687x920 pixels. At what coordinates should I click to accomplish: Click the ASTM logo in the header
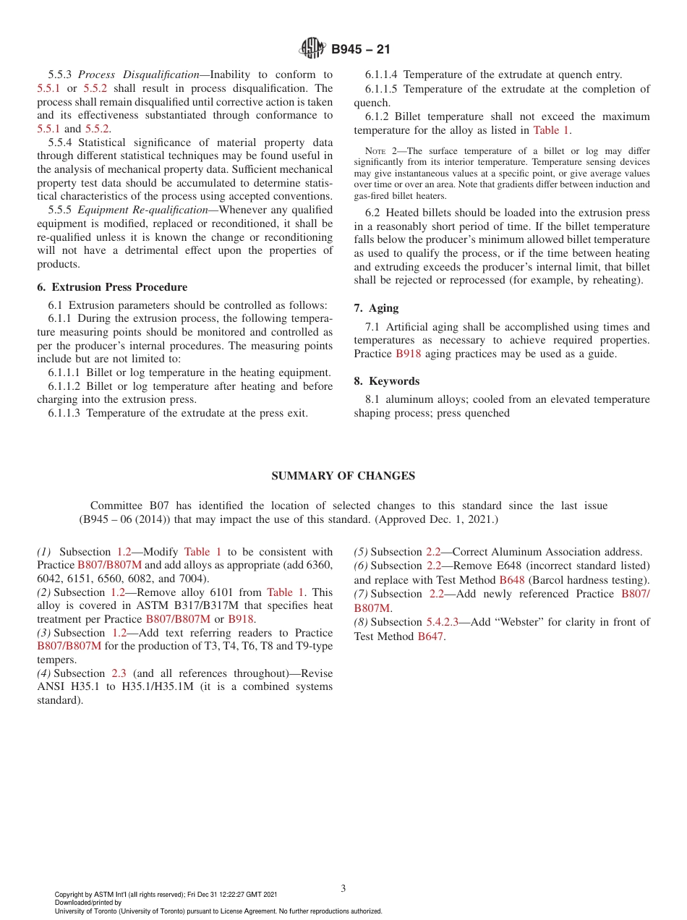pyautogui.click(x=312, y=49)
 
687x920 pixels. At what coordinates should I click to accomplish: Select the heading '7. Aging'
pyautogui.click(x=376, y=308)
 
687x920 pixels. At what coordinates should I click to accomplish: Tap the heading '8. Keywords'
pyautogui.click(x=386, y=381)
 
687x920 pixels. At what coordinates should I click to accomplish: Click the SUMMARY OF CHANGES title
pyautogui.click(x=343, y=476)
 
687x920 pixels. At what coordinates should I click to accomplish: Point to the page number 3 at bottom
pyautogui.click(x=343, y=888)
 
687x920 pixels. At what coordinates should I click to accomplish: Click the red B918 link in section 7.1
pyautogui.click(x=408, y=354)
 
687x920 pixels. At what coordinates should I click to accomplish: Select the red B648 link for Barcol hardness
pyautogui.click(x=511, y=580)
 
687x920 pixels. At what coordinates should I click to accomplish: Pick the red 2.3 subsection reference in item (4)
pyautogui.click(x=119, y=673)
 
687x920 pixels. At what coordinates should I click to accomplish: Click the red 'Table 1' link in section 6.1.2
pyautogui.click(x=551, y=131)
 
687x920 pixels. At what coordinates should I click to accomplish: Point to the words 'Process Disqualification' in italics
pyautogui.click(x=138, y=74)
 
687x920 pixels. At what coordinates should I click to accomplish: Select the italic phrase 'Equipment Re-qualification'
pyautogui.click(x=142, y=210)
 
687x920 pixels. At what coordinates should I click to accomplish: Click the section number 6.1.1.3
pyautogui.click(x=64, y=414)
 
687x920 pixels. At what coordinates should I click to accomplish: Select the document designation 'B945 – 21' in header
pyautogui.click(x=361, y=50)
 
